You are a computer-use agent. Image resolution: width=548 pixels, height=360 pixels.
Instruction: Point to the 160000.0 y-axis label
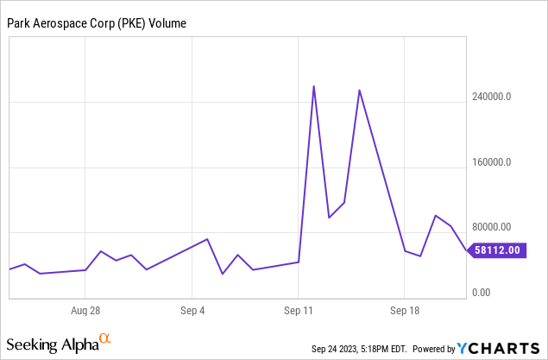494,162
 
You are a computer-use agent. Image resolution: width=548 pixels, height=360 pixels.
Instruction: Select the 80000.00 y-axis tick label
494,227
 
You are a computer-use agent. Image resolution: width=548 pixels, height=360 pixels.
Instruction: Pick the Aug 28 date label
87,309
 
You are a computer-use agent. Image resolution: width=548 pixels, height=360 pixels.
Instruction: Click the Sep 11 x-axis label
299,309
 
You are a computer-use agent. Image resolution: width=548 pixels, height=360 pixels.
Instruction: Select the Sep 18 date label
406,309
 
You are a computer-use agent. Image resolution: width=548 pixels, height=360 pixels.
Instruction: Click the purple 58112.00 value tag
497,250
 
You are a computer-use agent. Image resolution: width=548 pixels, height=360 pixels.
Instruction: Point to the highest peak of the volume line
313,86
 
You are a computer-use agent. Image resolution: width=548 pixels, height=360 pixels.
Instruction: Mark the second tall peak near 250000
360,91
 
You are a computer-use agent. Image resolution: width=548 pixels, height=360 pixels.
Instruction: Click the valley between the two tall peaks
330,217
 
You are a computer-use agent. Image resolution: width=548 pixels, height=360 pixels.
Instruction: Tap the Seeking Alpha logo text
54,345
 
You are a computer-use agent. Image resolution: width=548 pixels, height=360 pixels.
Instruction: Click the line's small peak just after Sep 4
207,239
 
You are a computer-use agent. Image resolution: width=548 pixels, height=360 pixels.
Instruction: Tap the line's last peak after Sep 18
436,216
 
